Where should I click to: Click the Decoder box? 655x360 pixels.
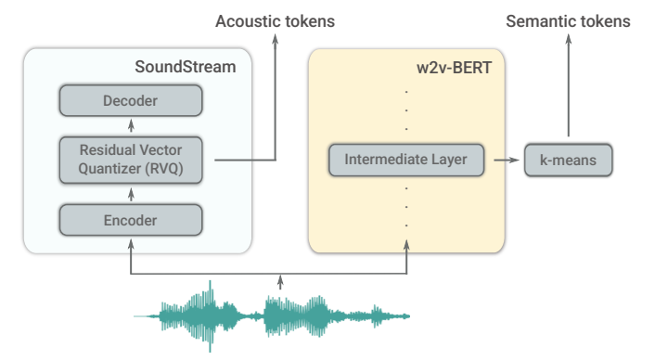point(130,100)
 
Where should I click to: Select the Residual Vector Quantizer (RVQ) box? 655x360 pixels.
point(130,160)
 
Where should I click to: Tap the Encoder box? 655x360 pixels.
point(130,220)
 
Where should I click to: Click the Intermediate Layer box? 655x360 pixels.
point(406,160)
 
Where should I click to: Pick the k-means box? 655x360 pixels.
point(568,160)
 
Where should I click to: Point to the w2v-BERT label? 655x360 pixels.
point(457,67)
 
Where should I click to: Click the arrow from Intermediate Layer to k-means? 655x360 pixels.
point(505,160)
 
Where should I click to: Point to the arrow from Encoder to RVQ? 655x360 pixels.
point(130,193)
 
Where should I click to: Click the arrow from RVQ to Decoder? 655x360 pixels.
point(130,126)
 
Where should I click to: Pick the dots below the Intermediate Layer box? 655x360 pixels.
point(406,206)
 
